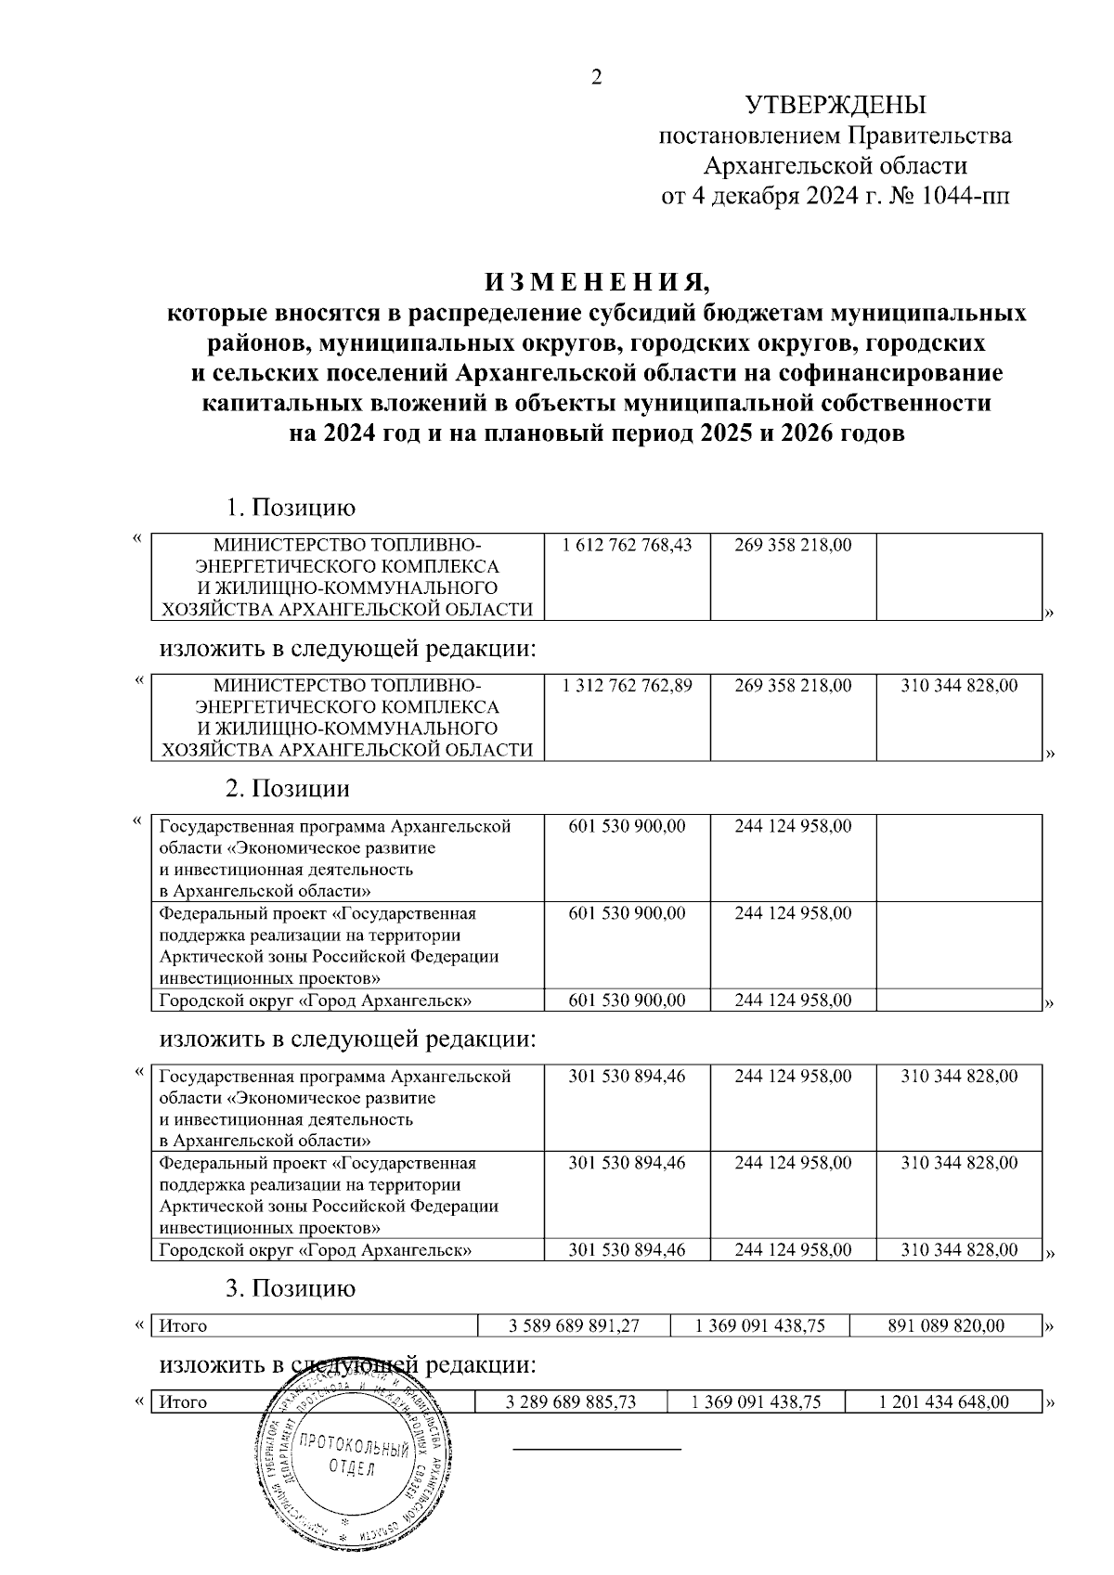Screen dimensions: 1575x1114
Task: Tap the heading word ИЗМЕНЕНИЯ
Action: coord(597,281)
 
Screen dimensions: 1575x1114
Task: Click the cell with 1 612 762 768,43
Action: coord(628,545)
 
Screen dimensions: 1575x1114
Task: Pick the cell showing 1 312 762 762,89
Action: coord(628,686)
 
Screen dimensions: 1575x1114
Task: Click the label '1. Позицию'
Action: coord(291,508)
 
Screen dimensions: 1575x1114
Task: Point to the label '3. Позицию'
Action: coord(291,1288)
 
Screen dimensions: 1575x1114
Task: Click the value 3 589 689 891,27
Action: coord(574,1325)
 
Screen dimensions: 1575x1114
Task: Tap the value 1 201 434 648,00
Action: coord(943,1401)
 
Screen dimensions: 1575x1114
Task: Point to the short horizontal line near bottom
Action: coord(597,1448)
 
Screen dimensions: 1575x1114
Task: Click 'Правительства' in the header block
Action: coord(929,136)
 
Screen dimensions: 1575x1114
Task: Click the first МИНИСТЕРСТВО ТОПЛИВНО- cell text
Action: coord(347,545)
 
